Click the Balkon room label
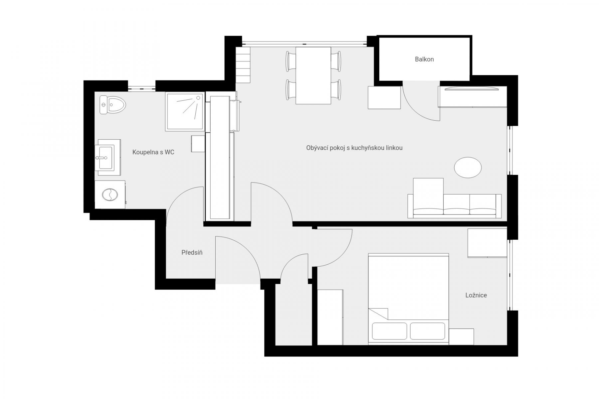click(424, 60)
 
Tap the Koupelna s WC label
click(153, 152)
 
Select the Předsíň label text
click(192, 253)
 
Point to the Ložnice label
click(476, 295)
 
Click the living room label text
click(354, 148)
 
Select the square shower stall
click(184, 111)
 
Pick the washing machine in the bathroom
click(110, 195)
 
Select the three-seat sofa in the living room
click(455, 206)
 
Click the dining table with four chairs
click(313, 75)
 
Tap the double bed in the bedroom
click(408, 299)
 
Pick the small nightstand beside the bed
click(461, 337)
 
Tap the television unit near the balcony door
click(472, 96)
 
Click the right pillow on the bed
click(428, 331)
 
